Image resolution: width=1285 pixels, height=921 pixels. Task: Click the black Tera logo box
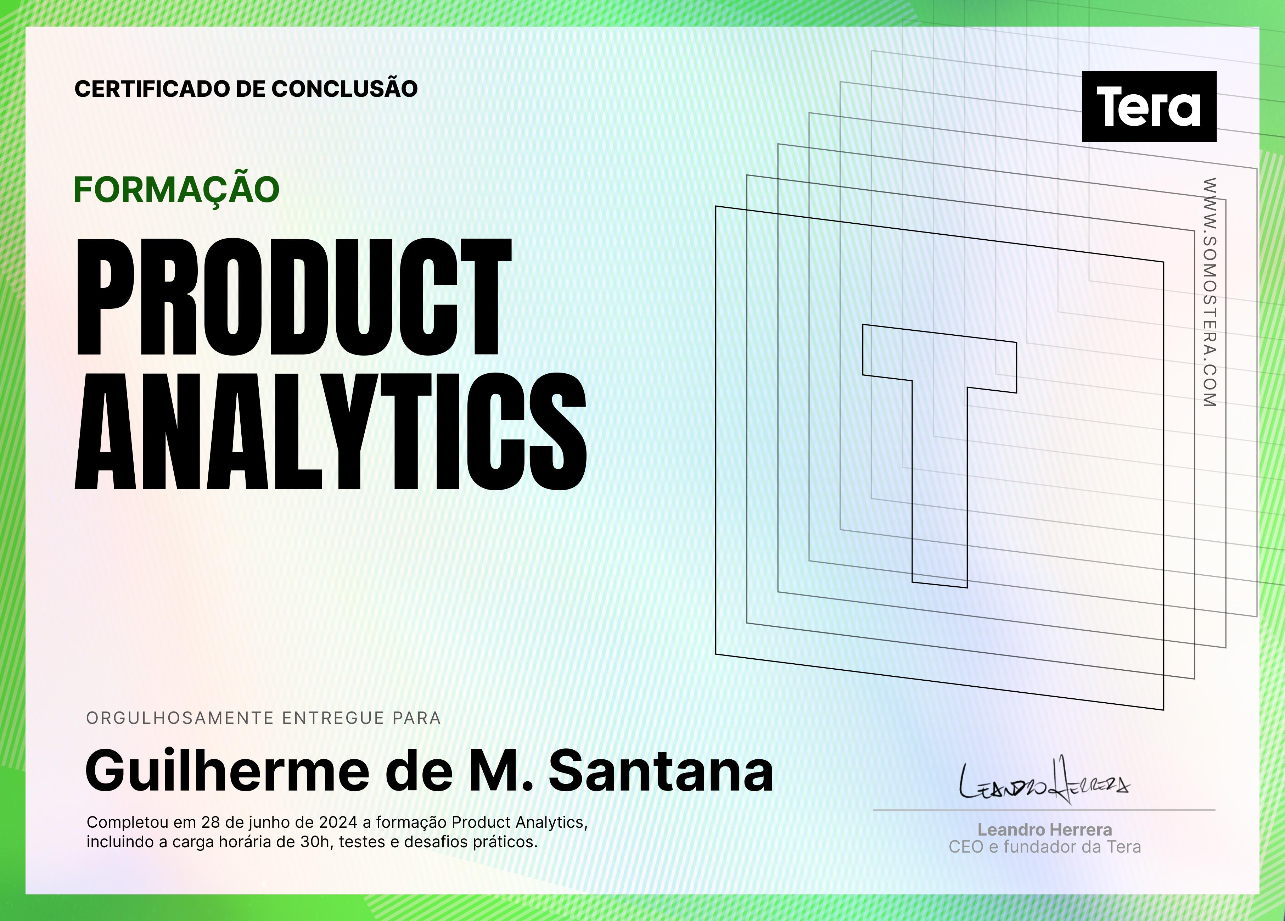pyautogui.click(x=1149, y=106)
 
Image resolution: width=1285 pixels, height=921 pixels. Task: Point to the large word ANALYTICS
pyautogui.click(x=330, y=431)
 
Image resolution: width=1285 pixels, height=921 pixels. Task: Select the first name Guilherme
pyautogui.click(x=227, y=771)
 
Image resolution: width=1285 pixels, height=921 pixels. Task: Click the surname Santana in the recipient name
pyautogui.click(x=661, y=771)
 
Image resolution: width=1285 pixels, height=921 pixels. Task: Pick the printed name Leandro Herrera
pyautogui.click(x=1045, y=830)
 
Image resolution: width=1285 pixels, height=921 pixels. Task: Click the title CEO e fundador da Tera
pyautogui.click(x=1045, y=847)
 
